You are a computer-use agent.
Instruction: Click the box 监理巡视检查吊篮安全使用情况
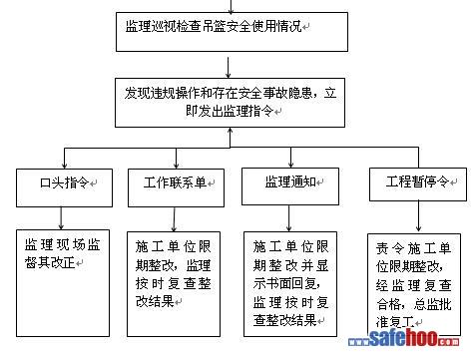click(x=232, y=32)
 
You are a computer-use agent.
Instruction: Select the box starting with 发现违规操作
click(x=230, y=103)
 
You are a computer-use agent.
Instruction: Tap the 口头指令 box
click(x=64, y=187)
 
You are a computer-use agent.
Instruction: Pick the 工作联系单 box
click(x=176, y=187)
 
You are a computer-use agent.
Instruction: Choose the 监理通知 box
click(x=290, y=186)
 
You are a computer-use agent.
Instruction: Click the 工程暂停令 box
click(x=418, y=184)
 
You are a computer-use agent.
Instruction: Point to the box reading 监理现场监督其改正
click(x=63, y=283)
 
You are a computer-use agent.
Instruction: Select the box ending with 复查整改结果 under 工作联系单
click(x=174, y=284)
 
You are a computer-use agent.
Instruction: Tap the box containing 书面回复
click(x=290, y=284)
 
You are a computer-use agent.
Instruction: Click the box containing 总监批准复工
click(x=414, y=284)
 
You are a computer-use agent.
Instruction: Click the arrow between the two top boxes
click(x=228, y=68)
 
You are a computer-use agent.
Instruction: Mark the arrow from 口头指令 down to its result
click(x=61, y=218)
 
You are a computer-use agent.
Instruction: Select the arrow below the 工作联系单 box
click(x=174, y=219)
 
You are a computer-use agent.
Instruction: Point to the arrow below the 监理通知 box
click(x=288, y=218)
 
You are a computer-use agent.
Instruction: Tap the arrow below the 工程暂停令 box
click(x=418, y=216)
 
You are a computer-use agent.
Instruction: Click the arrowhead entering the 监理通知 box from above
click(x=291, y=165)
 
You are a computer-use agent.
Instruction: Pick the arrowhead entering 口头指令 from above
click(x=64, y=166)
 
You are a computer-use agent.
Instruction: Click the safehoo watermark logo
click(x=404, y=338)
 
